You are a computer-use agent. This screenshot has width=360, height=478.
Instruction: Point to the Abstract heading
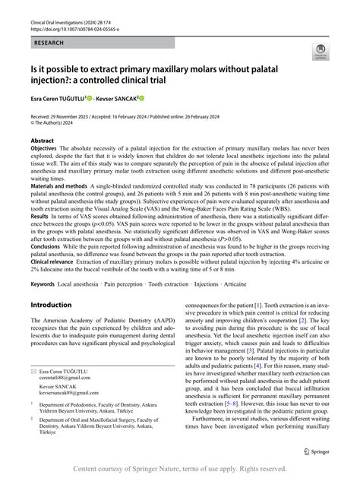[42, 141]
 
